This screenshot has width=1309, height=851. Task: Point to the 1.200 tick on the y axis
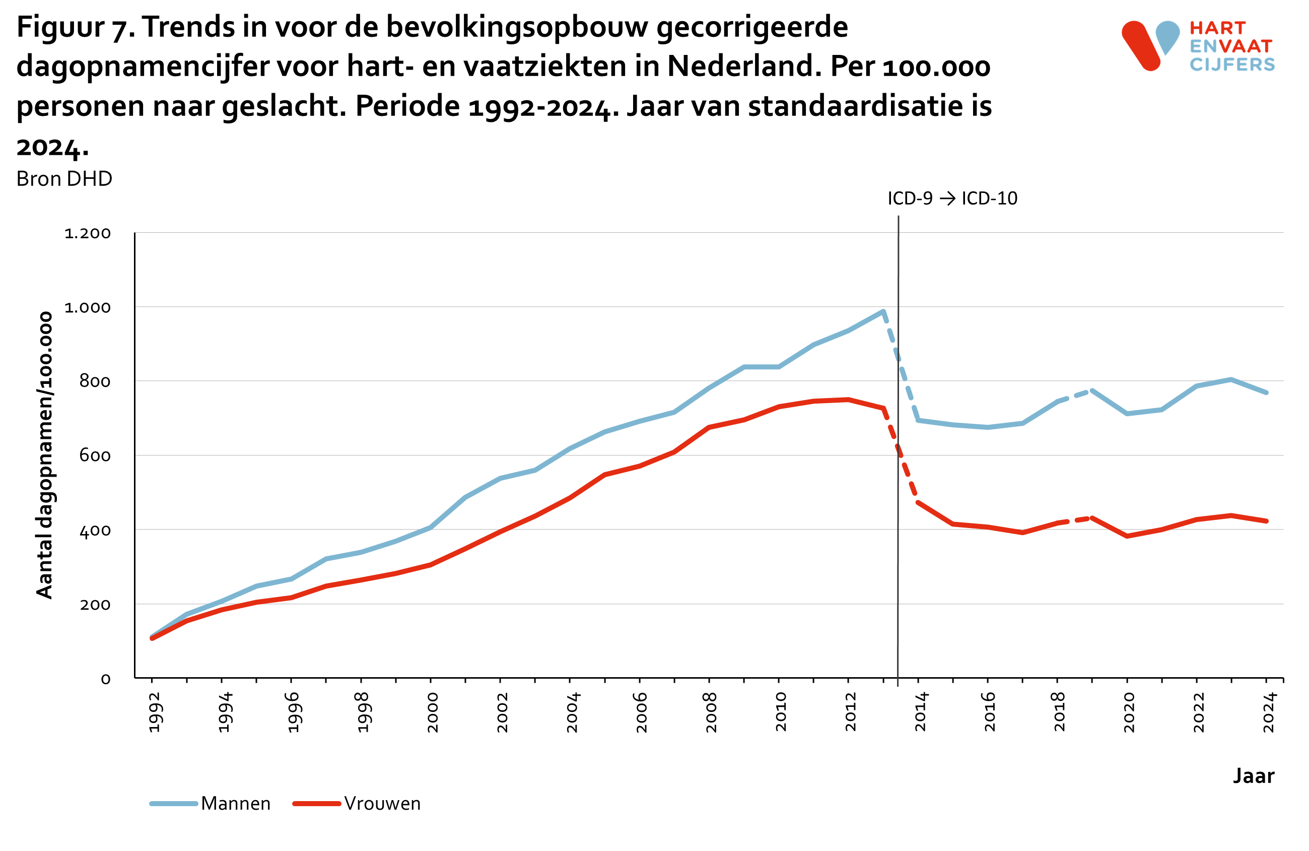tap(88, 233)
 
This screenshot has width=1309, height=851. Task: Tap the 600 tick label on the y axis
tap(95, 455)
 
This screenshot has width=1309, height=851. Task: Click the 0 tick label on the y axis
tap(106, 679)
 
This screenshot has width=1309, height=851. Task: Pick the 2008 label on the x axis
tap(711, 712)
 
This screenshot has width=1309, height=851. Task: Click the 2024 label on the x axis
tap(1268, 712)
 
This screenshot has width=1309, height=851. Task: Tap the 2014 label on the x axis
tap(920, 712)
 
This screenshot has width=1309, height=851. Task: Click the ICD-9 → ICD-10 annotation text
tap(952, 199)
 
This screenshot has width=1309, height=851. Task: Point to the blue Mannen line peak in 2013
tap(883, 311)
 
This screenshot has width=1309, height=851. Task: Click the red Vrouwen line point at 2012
tap(848, 400)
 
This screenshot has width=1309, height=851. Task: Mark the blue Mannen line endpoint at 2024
tap(1266, 393)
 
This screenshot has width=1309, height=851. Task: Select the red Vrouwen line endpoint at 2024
tap(1266, 521)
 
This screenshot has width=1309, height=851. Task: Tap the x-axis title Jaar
tap(1253, 775)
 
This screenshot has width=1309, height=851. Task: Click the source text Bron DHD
tap(64, 179)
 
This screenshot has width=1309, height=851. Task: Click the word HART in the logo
tap(1217, 28)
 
